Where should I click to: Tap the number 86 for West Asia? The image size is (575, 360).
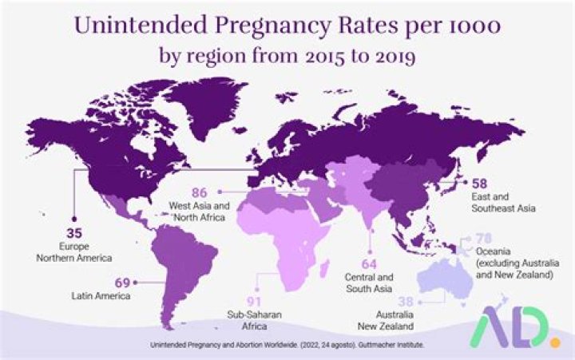click(x=198, y=192)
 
